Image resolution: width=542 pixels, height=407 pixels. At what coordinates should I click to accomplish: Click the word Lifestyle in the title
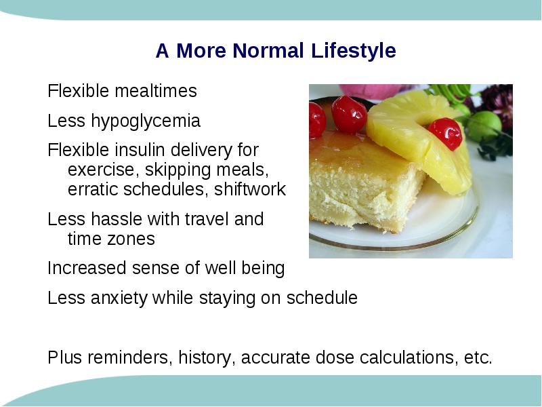(353, 50)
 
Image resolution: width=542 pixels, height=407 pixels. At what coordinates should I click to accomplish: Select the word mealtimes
(156, 91)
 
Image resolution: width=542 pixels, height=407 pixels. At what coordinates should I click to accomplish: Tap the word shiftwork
(250, 189)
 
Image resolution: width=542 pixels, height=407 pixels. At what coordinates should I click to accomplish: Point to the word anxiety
(119, 298)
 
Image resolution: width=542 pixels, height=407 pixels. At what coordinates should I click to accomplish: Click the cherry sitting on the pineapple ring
(445, 134)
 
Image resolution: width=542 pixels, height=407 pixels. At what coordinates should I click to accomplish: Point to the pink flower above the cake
(373, 91)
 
